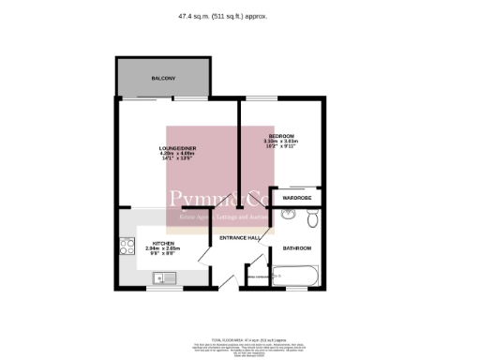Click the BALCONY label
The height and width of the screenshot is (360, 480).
(163, 78)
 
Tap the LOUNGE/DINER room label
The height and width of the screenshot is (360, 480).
(176, 147)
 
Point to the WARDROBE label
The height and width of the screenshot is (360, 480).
(297, 199)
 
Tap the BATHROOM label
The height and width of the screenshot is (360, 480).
(297, 247)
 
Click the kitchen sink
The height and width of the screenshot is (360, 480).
(165, 277)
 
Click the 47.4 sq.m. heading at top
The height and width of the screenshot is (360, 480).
(239, 16)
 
